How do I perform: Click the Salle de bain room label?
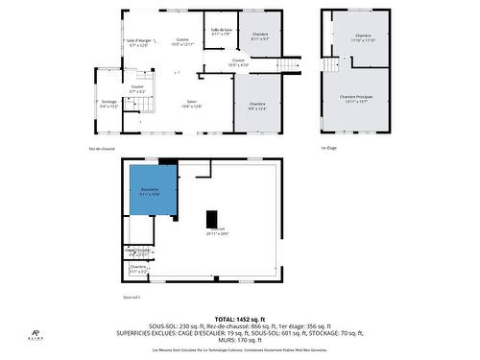click(x=222, y=33)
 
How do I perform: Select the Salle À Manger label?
click(x=137, y=42)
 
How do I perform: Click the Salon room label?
click(x=192, y=105)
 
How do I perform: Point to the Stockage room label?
click(x=108, y=105)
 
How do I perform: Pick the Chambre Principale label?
click(x=356, y=100)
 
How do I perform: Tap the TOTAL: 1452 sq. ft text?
click(x=239, y=319)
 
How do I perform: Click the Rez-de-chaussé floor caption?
click(x=103, y=148)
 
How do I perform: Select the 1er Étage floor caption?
click(x=329, y=148)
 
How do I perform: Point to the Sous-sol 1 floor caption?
click(x=132, y=298)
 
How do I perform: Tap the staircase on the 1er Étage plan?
click(x=330, y=65)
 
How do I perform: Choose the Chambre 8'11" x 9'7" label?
click(x=260, y=36)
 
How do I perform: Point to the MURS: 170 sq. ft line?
click(x=239, y=339)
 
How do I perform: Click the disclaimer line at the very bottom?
click(x=239, y=350)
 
